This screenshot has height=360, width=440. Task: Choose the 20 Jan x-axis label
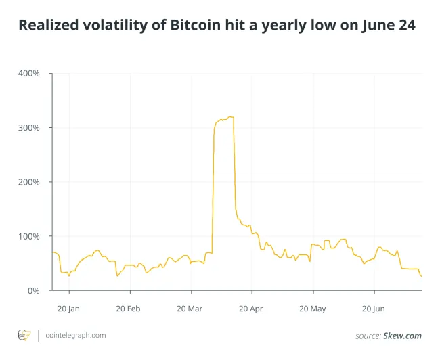coord(68,309)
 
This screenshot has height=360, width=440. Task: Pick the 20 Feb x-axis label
coord(129,309)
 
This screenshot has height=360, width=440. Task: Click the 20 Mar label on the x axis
coord(190,309)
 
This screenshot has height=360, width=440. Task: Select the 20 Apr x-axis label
coord(252,309)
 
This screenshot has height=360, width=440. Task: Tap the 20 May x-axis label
coord(313,309)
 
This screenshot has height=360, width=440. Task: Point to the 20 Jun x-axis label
coord(374,309)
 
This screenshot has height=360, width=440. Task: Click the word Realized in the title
coord(47,26)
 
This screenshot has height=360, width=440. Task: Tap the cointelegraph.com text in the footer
coord(75,335)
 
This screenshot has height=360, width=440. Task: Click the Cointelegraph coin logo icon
coord(24,335)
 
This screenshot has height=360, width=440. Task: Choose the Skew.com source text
coord(406,336)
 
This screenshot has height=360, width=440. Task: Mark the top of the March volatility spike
coord(230,117)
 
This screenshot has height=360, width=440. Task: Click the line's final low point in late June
coord(421,276)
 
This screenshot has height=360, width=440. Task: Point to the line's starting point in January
coord(52,252)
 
